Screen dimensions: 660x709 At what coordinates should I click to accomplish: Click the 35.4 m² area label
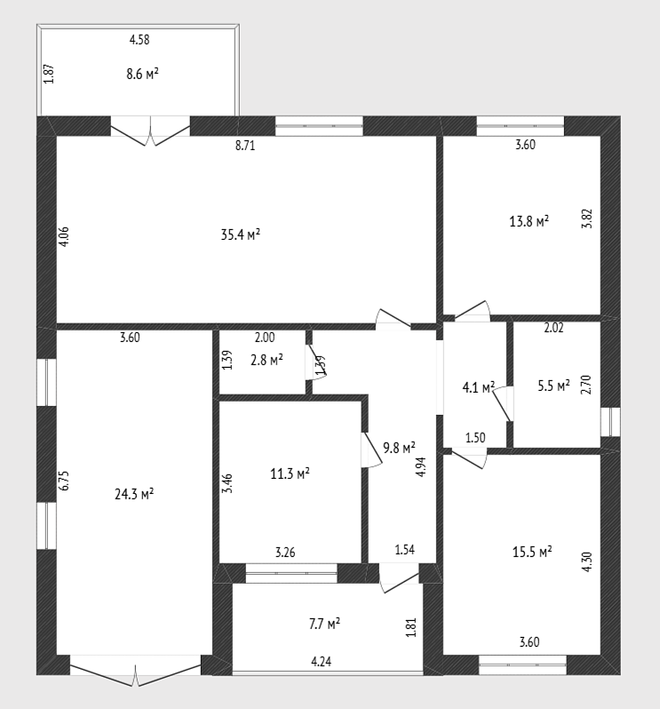click(x=240, y=235)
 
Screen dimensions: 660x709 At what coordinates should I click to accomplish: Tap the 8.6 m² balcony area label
click(x=142, y=73)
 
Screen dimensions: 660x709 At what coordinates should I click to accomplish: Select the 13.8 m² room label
click(x=529, y=221)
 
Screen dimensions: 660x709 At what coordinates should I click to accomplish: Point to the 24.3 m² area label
click(x=134, y=494)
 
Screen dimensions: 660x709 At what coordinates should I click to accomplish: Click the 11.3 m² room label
click(x=290, y=474)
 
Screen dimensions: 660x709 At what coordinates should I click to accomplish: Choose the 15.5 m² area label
click(x=532, y=552)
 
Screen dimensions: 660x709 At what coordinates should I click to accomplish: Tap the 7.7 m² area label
click(x=324, y=624)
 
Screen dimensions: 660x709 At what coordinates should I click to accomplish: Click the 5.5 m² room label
click(x=553, y=386)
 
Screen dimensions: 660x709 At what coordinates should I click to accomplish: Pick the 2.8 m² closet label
click(x=266, y=360)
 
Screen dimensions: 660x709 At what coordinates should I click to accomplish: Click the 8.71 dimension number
click(x=245, y=146)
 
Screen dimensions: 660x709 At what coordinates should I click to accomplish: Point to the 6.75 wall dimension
click(x=64, y=481)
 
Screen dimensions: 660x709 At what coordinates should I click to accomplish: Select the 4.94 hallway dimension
click(x=421, y=467)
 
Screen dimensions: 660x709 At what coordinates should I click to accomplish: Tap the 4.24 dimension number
click(x=322, y=662)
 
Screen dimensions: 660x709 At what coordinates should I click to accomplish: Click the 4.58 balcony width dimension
click(x=139, y=40)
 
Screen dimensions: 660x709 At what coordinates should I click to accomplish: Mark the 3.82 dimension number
click(x=587, y=219)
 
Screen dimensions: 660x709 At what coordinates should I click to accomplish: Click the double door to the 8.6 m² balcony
click(x=150, y=131)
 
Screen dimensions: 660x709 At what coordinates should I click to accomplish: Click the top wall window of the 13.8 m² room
click(x=521, y=126)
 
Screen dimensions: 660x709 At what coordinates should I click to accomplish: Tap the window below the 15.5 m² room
click(x=522, y=665)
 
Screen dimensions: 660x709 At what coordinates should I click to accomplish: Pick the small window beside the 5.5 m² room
click(x=610, y=422)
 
